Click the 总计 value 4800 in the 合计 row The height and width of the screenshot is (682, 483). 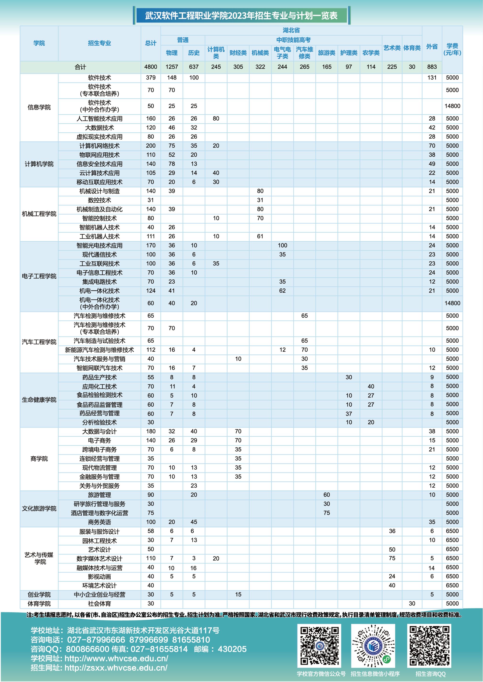click(150, 67)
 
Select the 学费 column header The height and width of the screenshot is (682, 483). click(452, 49)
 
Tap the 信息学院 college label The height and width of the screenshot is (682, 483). click(39, 107)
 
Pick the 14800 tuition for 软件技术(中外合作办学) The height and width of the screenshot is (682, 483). click(452, 106)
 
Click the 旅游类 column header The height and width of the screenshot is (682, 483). click(327, 53)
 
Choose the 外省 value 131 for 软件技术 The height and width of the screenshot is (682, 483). click(432, 78)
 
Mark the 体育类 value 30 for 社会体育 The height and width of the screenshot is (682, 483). click(412, 603)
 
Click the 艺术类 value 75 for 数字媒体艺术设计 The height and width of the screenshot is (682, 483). click(392, 558)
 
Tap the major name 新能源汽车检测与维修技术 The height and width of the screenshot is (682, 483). click(99, 350)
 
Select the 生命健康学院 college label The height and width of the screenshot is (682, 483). click(39, 400)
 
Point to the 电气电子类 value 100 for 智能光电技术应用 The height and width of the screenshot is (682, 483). click(282, 245)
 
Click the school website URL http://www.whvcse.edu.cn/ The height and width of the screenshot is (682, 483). click(116, 658)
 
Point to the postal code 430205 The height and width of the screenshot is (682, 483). click(232, 649)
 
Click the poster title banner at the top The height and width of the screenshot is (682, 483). click(241, 16)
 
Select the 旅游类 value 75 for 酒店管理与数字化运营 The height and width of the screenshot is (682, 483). click(327, 513)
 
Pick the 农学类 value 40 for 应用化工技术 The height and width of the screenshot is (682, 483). click(371, 386)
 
